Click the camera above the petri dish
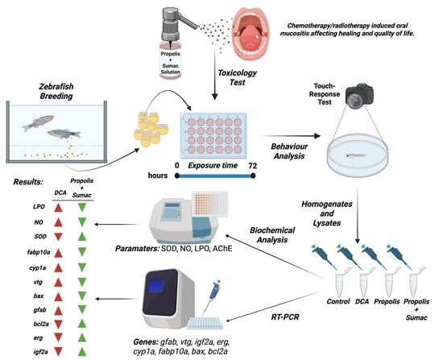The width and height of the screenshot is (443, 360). [x=359, y=96]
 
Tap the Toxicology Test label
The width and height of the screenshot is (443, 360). [x=237, y=77]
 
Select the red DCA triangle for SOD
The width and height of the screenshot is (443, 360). [x=58, y=237]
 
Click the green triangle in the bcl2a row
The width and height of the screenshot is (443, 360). [x=82, y=324]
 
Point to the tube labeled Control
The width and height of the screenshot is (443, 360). [x=338, y=284]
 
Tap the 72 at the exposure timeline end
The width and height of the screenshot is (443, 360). [x=252, y=166]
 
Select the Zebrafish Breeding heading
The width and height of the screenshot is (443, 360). [x=56, y=91]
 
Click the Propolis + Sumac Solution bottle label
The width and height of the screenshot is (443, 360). [x=171, y=63]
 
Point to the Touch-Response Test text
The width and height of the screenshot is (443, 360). [x=325, y=93]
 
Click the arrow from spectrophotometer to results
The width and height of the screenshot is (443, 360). [x=118, y=225]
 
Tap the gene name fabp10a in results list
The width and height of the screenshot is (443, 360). [x=39, y=252]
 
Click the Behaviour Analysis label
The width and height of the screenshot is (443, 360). [x=289, y=151]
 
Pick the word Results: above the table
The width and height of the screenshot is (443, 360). [x=28, y=182]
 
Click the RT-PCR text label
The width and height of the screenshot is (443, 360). [x=285, y=317]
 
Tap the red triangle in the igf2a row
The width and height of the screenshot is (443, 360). [x=58, y=351]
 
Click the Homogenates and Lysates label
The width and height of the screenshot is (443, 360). [x=327, y=213]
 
